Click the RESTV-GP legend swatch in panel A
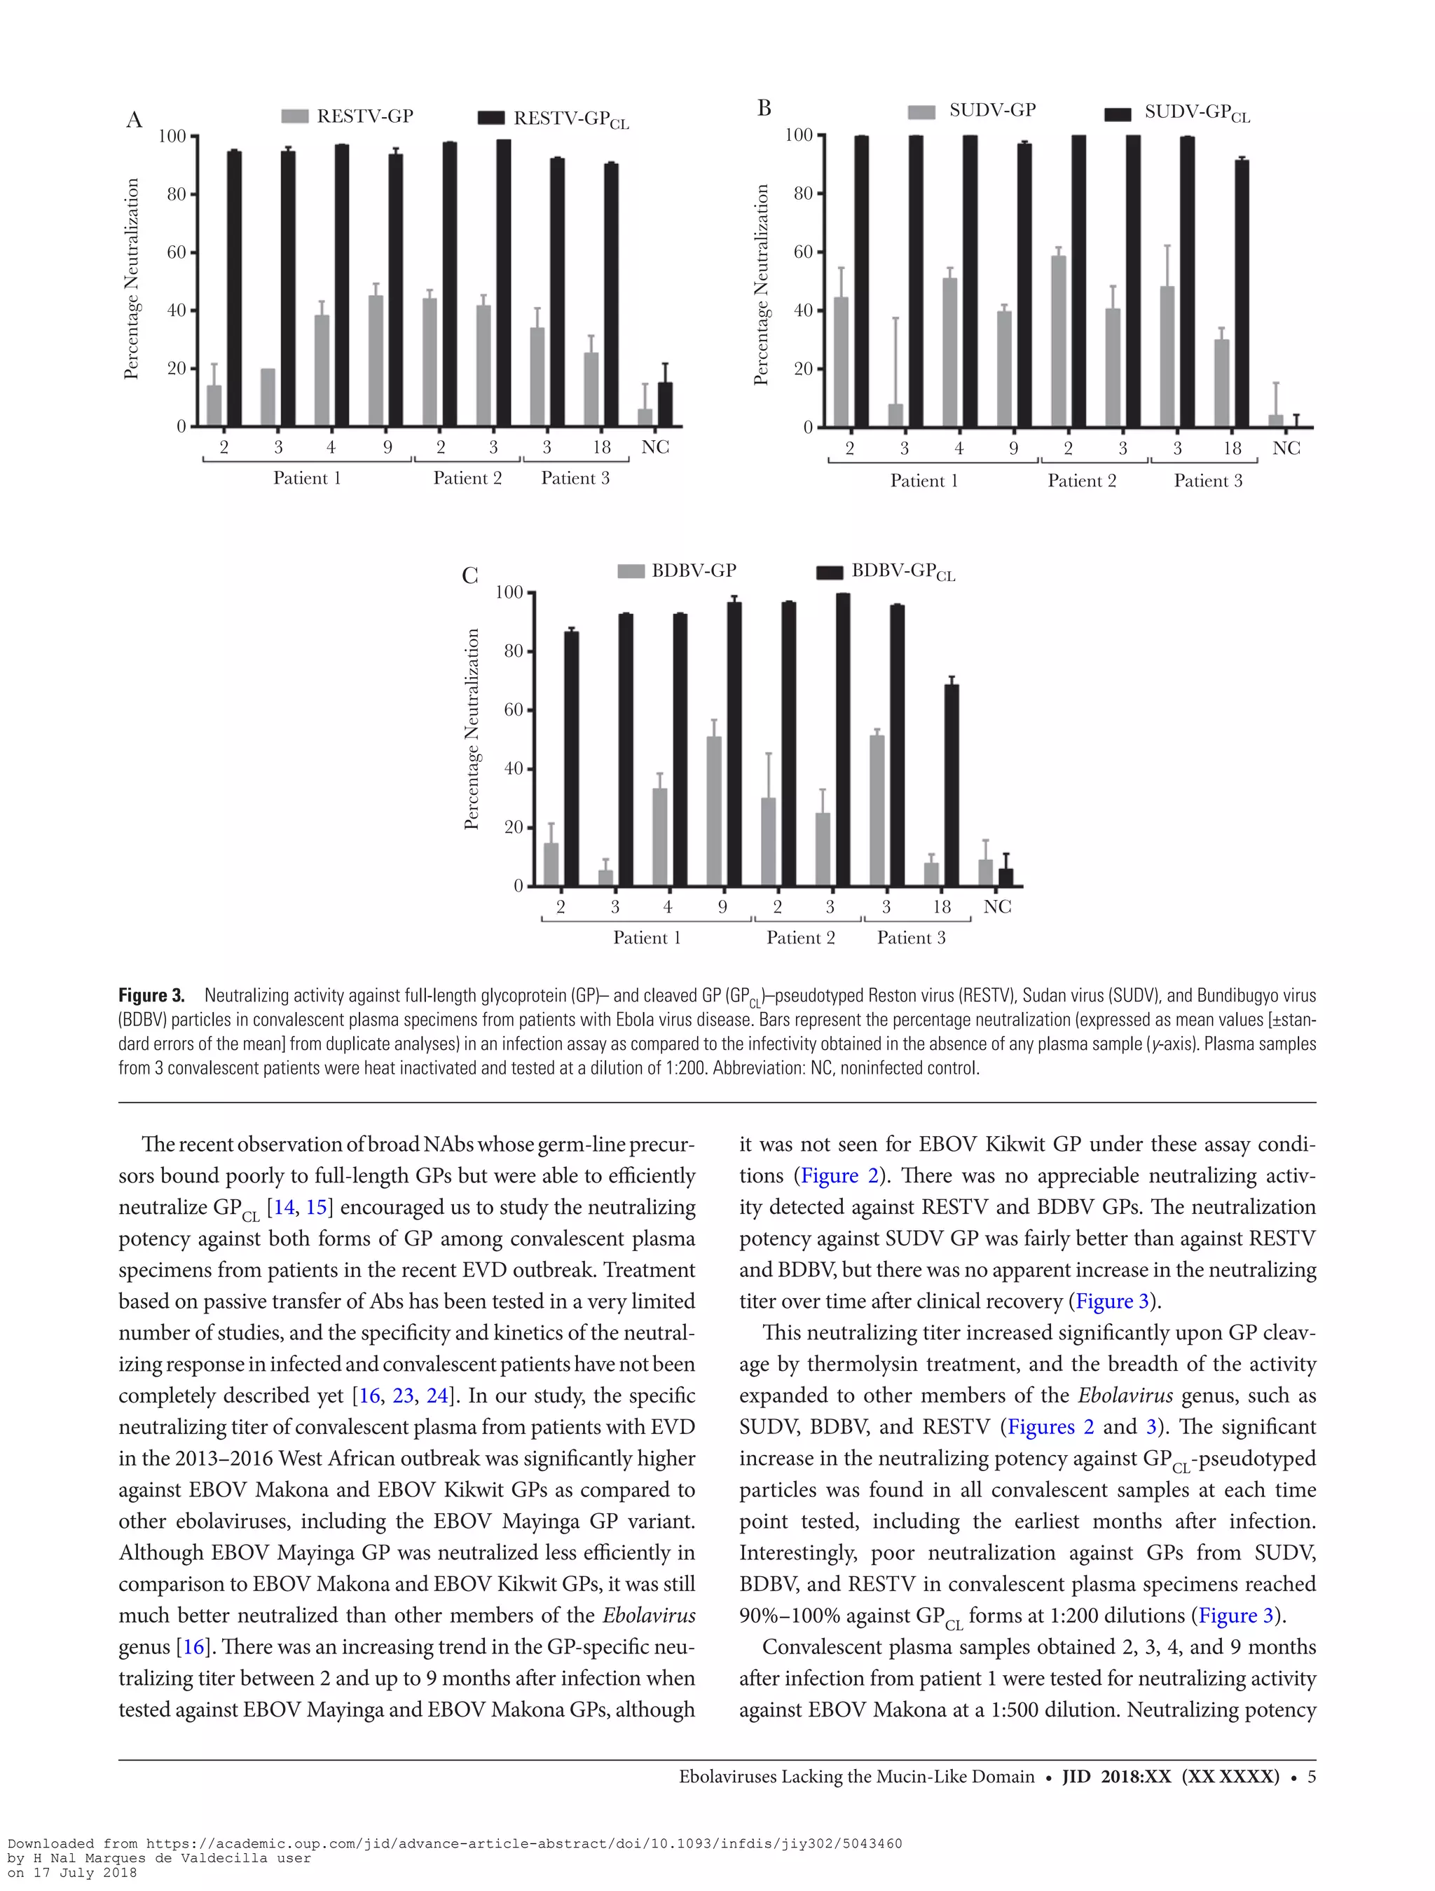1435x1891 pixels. pos(294,116)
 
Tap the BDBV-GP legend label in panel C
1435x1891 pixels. pos(693,571)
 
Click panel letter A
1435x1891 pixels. pos(135,120)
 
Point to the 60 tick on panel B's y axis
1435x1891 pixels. pos(802,252)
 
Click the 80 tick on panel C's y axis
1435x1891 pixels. pos(513,651)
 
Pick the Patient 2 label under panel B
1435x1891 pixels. pos(1081,480)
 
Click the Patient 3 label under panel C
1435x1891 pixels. pos(910,938)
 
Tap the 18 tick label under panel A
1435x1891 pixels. pos(602,447)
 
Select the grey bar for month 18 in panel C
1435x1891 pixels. pos(931,874)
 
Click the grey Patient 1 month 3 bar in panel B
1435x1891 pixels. pos(895,416)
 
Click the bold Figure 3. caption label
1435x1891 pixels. pos(151,996)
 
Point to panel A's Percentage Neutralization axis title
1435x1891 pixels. pos(131,279)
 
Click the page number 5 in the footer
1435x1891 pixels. pos(1311,1777)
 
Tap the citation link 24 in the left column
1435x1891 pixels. pos(437,1396)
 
